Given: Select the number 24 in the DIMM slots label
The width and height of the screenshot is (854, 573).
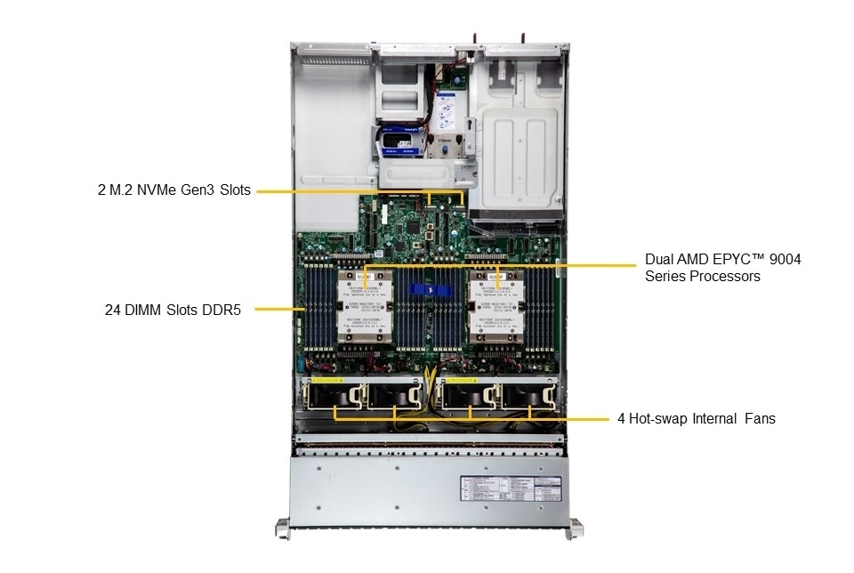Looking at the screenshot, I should [112, 310].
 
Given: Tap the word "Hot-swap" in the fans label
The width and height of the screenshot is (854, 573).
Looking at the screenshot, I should [658, 418].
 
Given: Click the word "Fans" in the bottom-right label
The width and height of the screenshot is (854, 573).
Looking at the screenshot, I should [759, 418].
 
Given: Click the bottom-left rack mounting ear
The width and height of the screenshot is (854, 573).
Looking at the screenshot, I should [283, 529].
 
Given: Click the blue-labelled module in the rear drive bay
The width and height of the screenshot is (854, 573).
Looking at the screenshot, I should [398, 141].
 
